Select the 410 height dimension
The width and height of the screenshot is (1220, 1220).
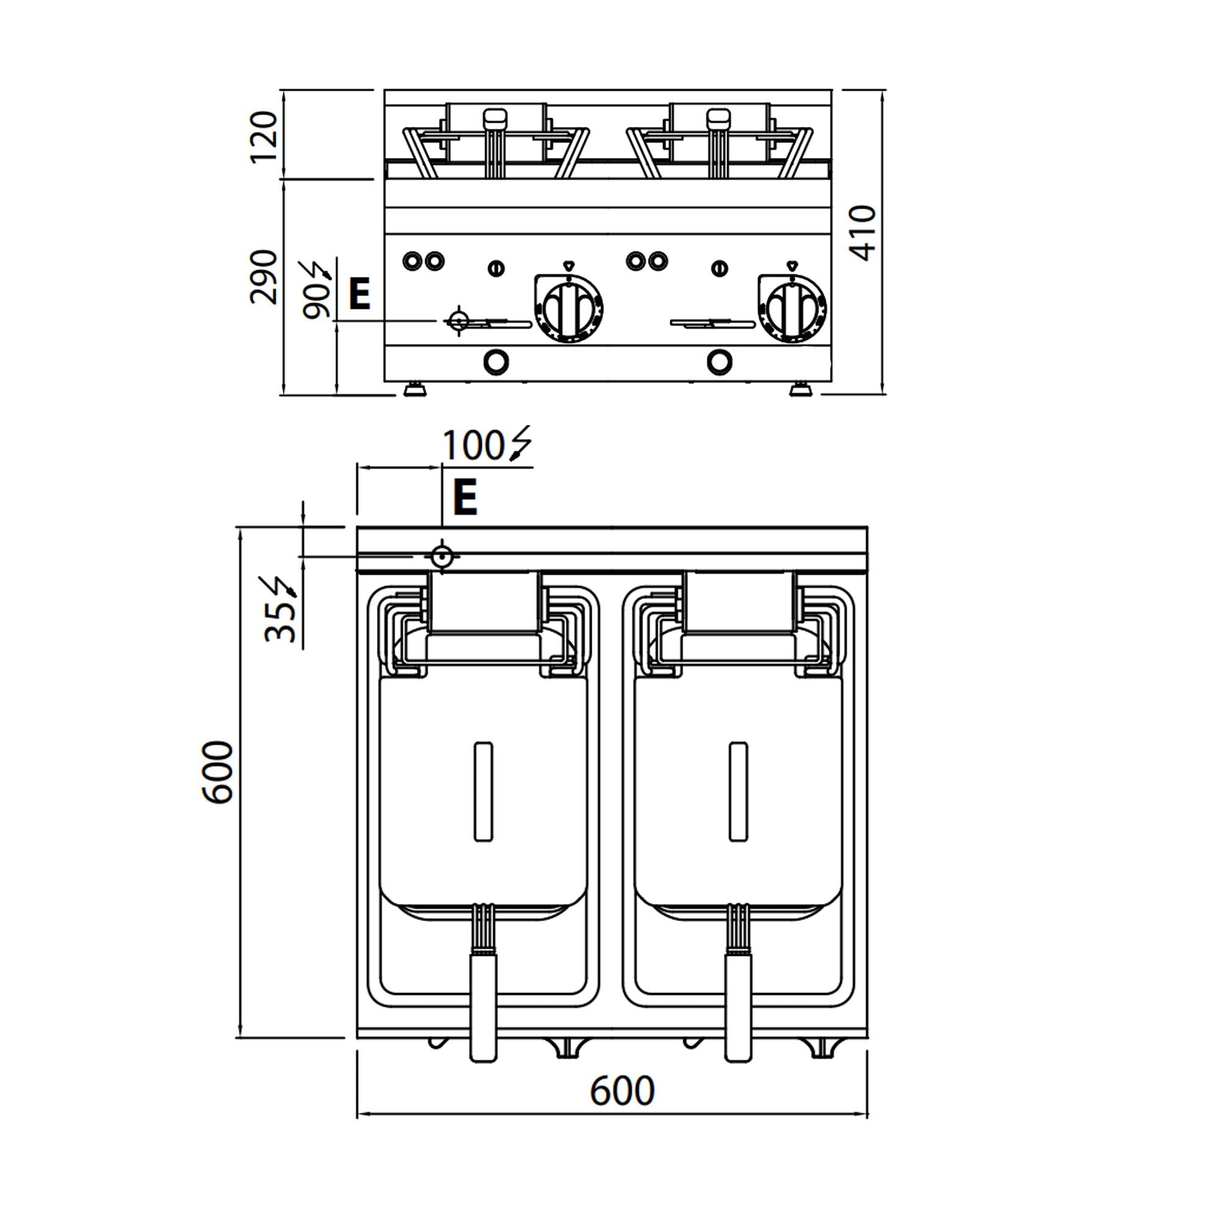[863, 233]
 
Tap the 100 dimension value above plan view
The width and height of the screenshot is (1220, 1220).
[472, 447]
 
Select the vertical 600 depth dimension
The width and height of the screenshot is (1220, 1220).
[218, 772]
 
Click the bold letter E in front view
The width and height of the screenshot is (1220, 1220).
[360, 295]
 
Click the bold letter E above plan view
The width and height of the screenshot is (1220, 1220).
[465, 498]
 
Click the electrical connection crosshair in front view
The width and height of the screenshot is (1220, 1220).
[459, 321]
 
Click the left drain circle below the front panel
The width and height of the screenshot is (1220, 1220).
[496, 362]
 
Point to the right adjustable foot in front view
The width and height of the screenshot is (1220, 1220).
[802, 387]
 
